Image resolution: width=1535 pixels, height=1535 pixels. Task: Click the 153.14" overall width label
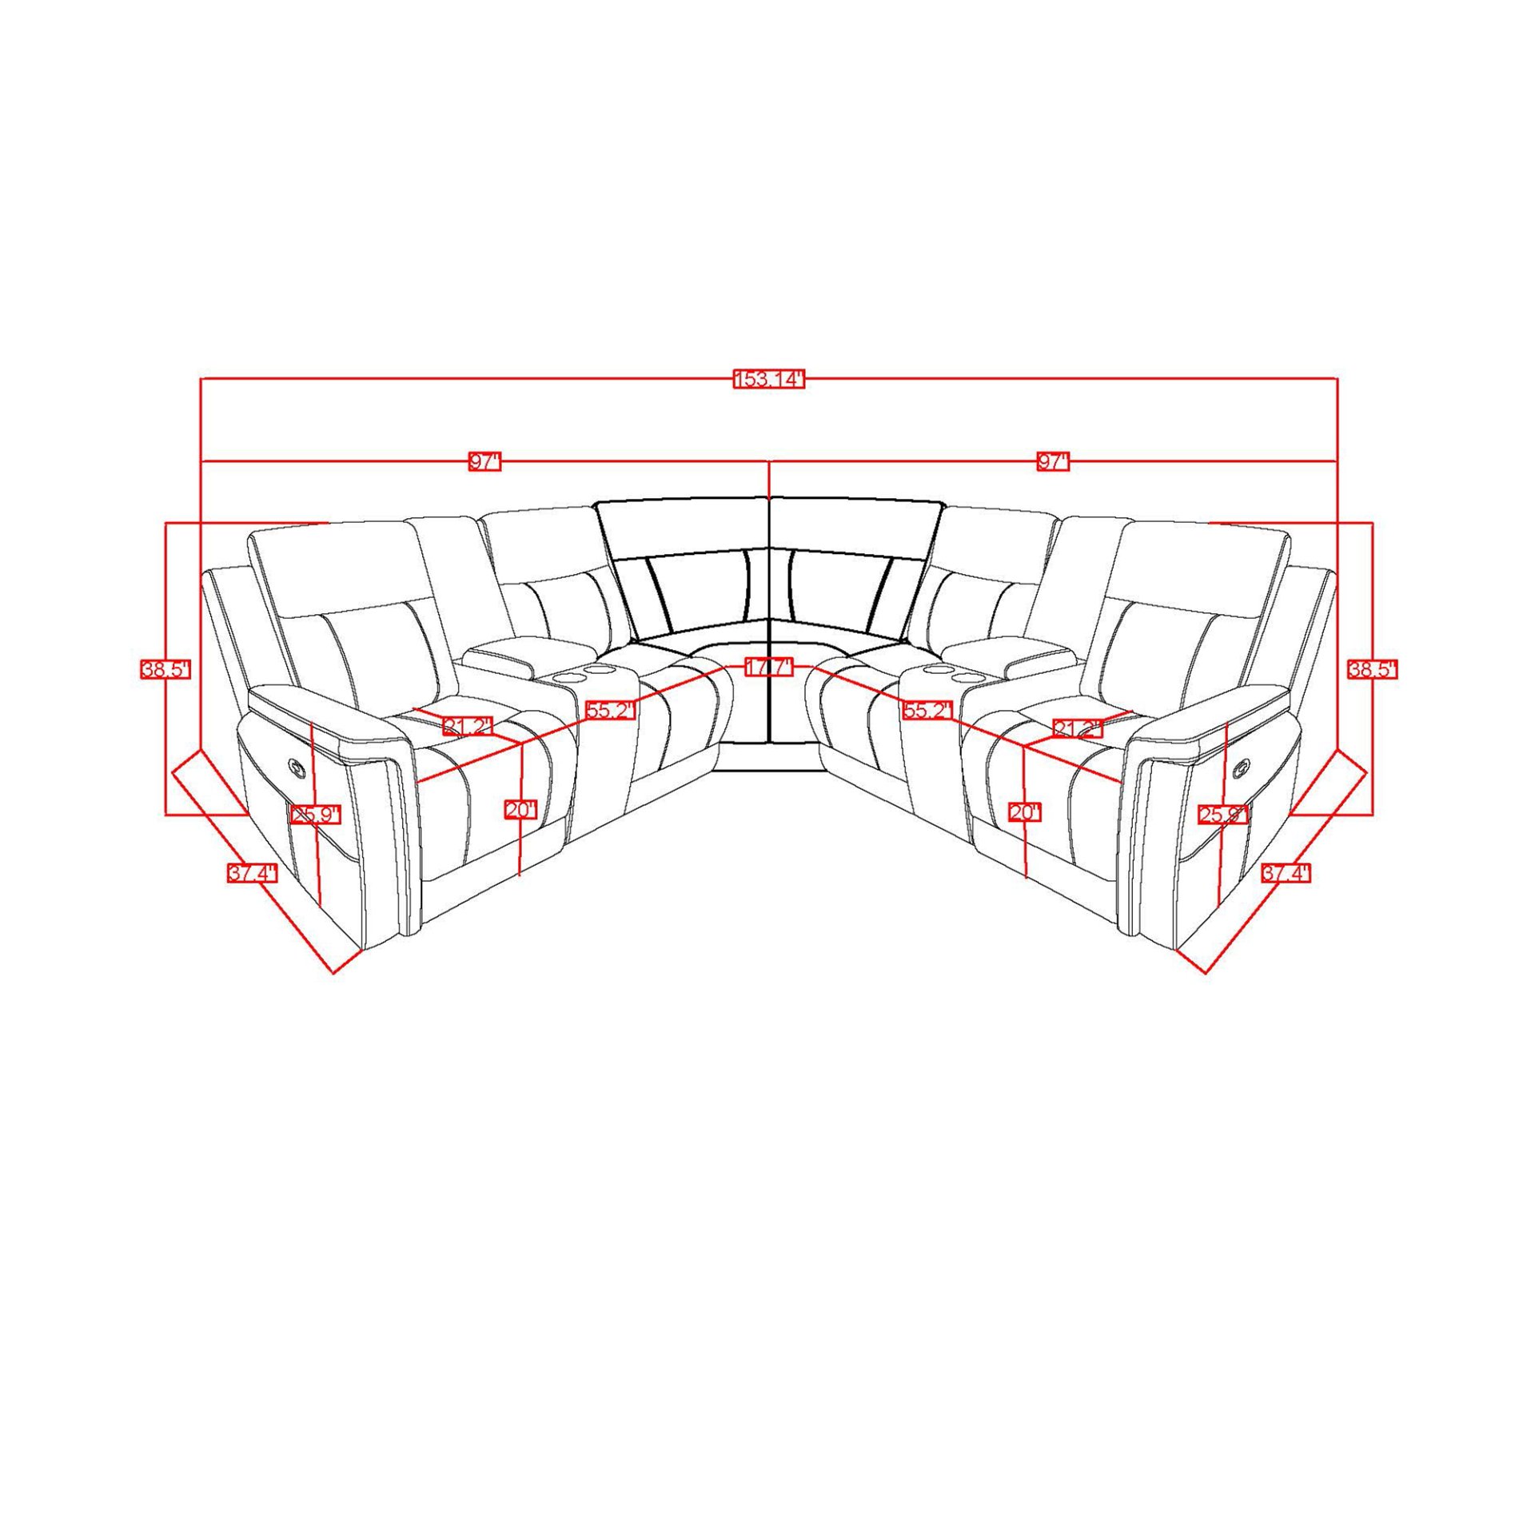click(767, 380)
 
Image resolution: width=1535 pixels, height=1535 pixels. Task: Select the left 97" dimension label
click(484, 462)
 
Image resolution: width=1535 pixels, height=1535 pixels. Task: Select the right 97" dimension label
click(1053, 462)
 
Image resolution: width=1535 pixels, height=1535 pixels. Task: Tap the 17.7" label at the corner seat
click(768, 667)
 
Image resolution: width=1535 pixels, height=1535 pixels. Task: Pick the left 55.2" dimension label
click(610, 711)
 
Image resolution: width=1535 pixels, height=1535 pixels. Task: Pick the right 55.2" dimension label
click(927, 711)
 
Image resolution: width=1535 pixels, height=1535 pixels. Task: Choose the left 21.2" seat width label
click(468, 727)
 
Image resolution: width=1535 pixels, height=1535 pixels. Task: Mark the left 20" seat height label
click(520, 811)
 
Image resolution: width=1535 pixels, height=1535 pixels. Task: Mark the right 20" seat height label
click(1025, 812)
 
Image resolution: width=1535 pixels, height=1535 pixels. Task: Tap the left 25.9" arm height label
click(315, 815)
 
